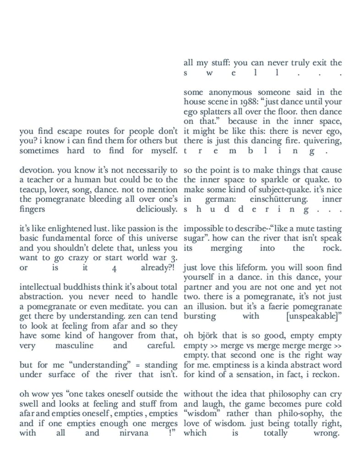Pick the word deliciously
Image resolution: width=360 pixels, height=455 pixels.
tap(157, 209)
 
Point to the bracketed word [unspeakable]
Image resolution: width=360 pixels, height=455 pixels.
tap(313, 316)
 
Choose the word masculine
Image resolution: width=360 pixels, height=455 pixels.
tap(74, 345)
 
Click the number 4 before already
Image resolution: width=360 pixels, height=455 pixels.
tap(114, 268)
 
